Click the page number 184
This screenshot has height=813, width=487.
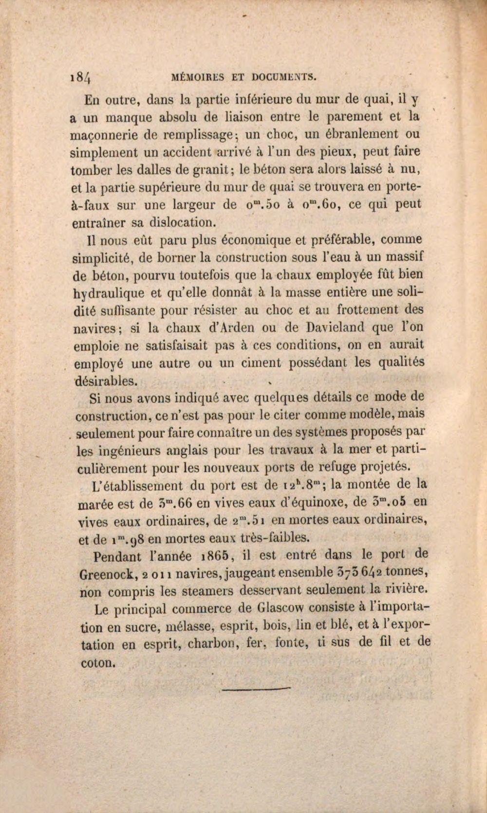point(84,77)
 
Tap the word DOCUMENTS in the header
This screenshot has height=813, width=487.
point(285,76)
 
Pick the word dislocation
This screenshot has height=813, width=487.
point(180,223)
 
